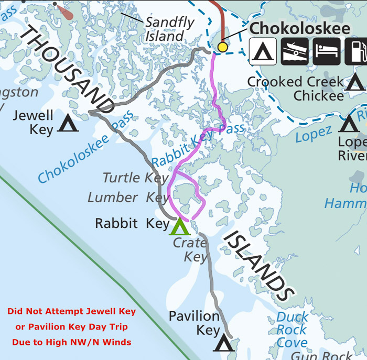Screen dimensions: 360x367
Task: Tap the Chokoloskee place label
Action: (x=300, y=28)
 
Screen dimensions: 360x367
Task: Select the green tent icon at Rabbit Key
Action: (x=179, y=226)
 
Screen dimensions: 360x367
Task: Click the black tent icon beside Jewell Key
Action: (x=68, y=124)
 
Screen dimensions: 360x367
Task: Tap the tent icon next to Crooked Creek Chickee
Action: (x=355, y=82)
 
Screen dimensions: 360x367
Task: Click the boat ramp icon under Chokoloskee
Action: (x=295, y=51)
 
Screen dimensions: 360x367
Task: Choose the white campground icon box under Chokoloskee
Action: (x=263, y=51)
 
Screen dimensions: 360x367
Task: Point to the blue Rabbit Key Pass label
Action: (x=198, y=145)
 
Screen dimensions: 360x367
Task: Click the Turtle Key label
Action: (x=136, y=178)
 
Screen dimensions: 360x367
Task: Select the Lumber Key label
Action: (x=128, y=198)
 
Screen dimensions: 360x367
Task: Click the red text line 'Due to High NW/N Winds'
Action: (x=71, y=342)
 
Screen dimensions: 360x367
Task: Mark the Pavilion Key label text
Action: (x=194, y=323)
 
